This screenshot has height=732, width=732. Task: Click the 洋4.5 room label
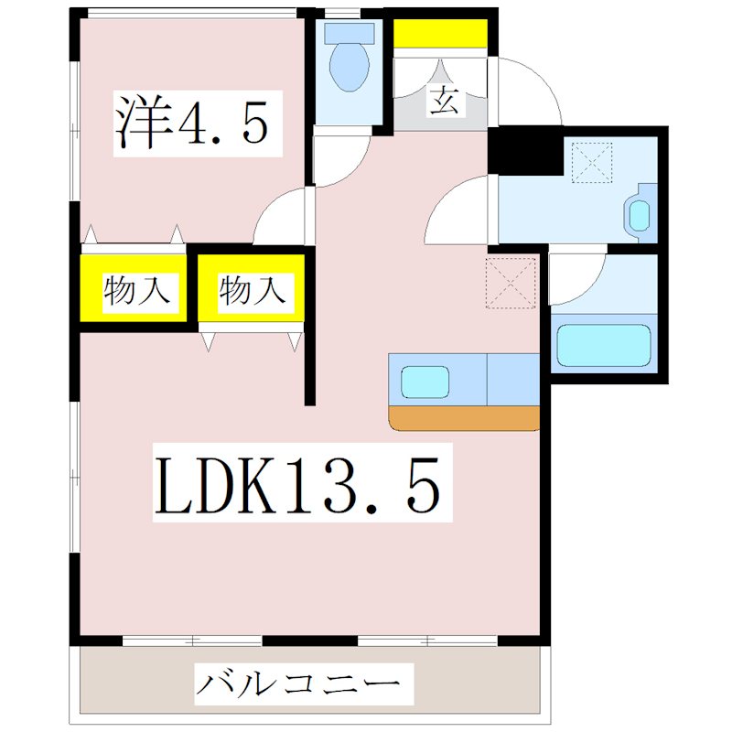(193, 122)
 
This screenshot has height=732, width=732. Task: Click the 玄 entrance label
(443, 99)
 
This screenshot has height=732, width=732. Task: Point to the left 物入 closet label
(136, 292)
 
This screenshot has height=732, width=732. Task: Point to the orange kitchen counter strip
(464, 418)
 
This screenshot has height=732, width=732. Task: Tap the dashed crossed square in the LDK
(511, 283)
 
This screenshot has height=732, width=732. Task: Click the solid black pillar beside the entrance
(524, 151)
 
